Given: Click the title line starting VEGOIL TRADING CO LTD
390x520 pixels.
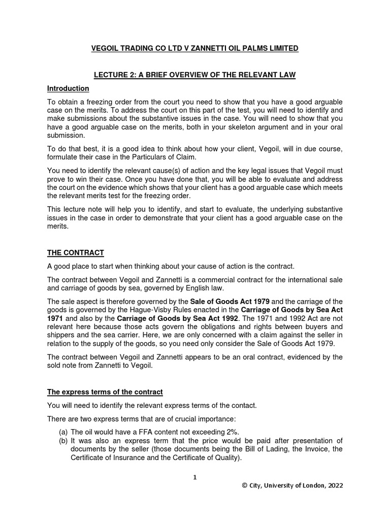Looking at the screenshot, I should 194,48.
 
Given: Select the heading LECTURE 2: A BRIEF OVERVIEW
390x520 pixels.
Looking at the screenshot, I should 194,75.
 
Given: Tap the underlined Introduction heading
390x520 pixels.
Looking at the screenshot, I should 68,88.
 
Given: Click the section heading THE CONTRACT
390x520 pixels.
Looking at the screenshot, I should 76,253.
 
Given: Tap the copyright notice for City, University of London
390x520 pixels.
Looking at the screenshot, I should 292,485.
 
